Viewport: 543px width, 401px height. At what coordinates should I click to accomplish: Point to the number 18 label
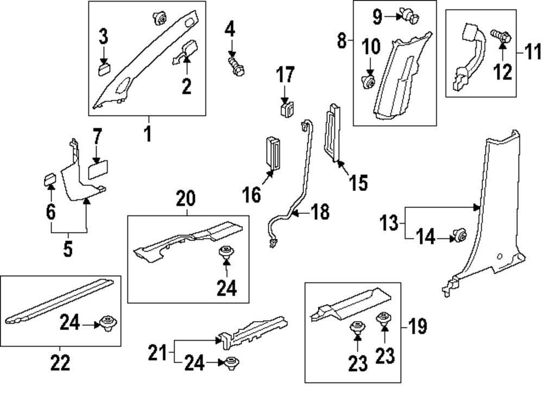320,212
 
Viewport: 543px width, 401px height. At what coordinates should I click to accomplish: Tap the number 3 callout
103,37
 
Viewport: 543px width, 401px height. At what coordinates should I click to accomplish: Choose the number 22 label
60,362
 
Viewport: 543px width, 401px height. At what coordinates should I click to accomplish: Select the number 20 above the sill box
185,200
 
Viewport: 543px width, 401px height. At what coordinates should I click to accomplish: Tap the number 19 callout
418,326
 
